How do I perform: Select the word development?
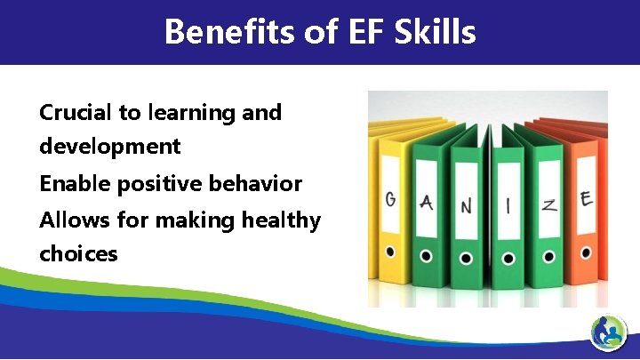click(x=109, y=146)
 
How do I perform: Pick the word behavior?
click(x=260, y=184)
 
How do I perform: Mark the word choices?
click(x=78, y=253)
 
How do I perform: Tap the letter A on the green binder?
click(x=426, y=204)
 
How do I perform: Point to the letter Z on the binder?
click(x=549, y=205)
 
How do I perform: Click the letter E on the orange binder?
click(x=586, y=198)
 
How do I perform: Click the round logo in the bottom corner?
click(x=609, y=334)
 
